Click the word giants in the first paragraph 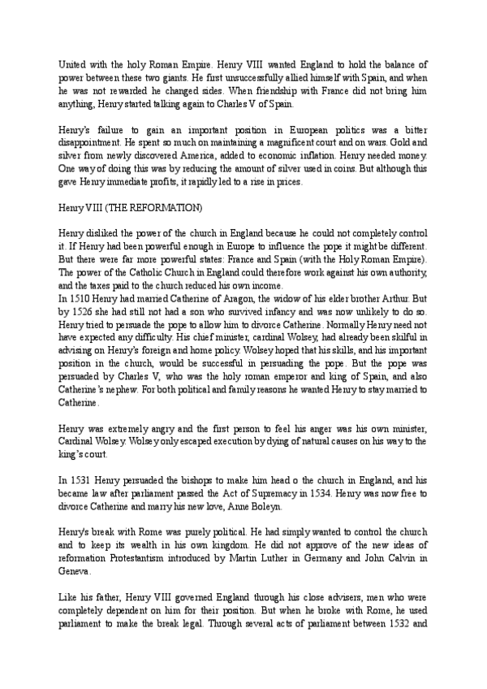pos(165,78)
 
